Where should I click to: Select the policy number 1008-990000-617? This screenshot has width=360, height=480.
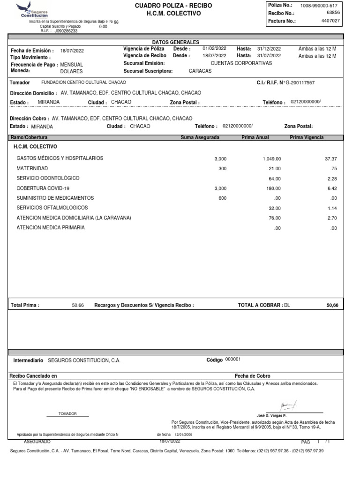[x=318, y=5]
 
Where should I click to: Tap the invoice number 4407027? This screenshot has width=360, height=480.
[x=330, y=21]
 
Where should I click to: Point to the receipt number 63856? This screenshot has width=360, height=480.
[x=333, y=13]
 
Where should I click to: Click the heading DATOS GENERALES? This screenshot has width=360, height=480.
[x=176, y=42]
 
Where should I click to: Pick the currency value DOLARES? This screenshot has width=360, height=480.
[x=72, y=71]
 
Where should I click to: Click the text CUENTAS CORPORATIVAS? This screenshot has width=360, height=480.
[x=241, y=63]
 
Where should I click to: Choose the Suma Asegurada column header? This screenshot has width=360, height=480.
[x=200, y=138]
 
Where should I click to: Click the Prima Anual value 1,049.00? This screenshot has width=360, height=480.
[x=272, y=158]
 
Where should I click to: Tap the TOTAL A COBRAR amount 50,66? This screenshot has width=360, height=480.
[x=332, y=305]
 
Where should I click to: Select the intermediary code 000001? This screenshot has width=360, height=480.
[x=233, y=359]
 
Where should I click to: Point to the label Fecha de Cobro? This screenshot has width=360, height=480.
[x=252, y=376]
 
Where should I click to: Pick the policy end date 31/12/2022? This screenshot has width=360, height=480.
[x=269, y=49]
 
